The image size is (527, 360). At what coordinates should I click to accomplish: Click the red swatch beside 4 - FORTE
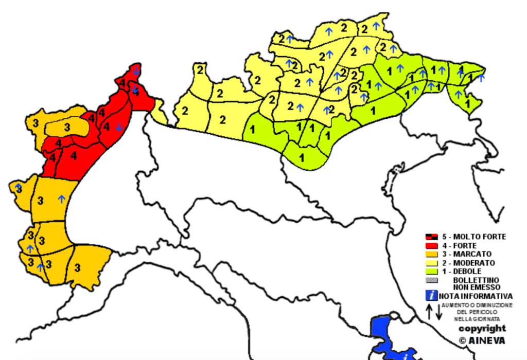pyautogui.click(x=431, y=245)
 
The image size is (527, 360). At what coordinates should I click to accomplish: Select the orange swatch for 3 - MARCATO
pyautogui.click(x=431, y=254)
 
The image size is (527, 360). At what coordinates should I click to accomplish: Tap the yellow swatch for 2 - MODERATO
pyautogui.click(x=431, y=263)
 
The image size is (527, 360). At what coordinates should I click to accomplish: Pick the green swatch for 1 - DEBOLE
pyautogui.click(x=431, y=271)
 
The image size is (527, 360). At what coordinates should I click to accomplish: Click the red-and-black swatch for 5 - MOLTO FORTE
pyautogui.click(x=431, y=237)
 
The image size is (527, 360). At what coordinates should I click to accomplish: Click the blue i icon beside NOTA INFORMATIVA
pyautogui.click(x=431, y=296)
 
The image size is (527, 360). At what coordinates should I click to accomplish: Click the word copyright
pyautogui.click(x=482, y=328)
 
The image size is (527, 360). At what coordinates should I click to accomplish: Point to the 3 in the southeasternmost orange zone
pyautogui.click(x=77, y=267)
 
